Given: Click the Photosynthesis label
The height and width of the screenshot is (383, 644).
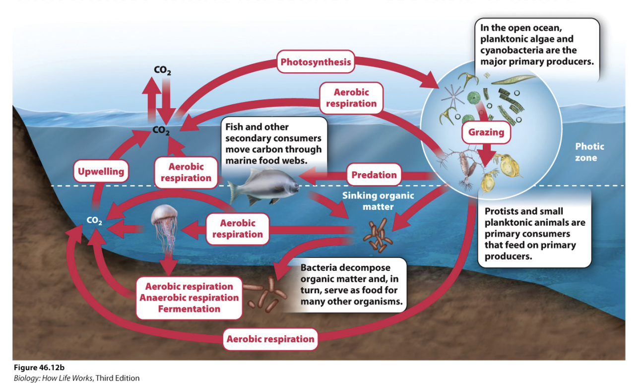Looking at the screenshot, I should (x=316, y=62).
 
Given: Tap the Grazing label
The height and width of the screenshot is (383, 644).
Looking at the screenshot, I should (x=486, y=132).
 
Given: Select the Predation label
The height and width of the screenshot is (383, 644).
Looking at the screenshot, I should (x=374, y=175).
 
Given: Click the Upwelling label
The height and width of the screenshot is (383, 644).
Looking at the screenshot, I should (x=101, y=172).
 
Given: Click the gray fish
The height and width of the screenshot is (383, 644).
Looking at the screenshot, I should (x=263, y=187).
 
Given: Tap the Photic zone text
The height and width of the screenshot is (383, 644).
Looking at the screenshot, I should (x=589, y=152).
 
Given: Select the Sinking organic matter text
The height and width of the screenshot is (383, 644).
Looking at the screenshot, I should (x=378, y=200).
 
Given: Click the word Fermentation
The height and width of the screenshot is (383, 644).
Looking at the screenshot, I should (x=189, y=309).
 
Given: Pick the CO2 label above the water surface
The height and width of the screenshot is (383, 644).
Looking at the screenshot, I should (x=162, y=71).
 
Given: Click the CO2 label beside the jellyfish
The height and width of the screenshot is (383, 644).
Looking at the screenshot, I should (x=94, y=221).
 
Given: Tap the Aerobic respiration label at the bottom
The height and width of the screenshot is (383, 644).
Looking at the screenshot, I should (x=270, y=339).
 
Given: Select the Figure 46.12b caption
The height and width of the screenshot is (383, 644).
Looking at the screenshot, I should (x=39, y=368).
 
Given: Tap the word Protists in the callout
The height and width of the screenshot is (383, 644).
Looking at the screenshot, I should (x=502, y=211).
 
